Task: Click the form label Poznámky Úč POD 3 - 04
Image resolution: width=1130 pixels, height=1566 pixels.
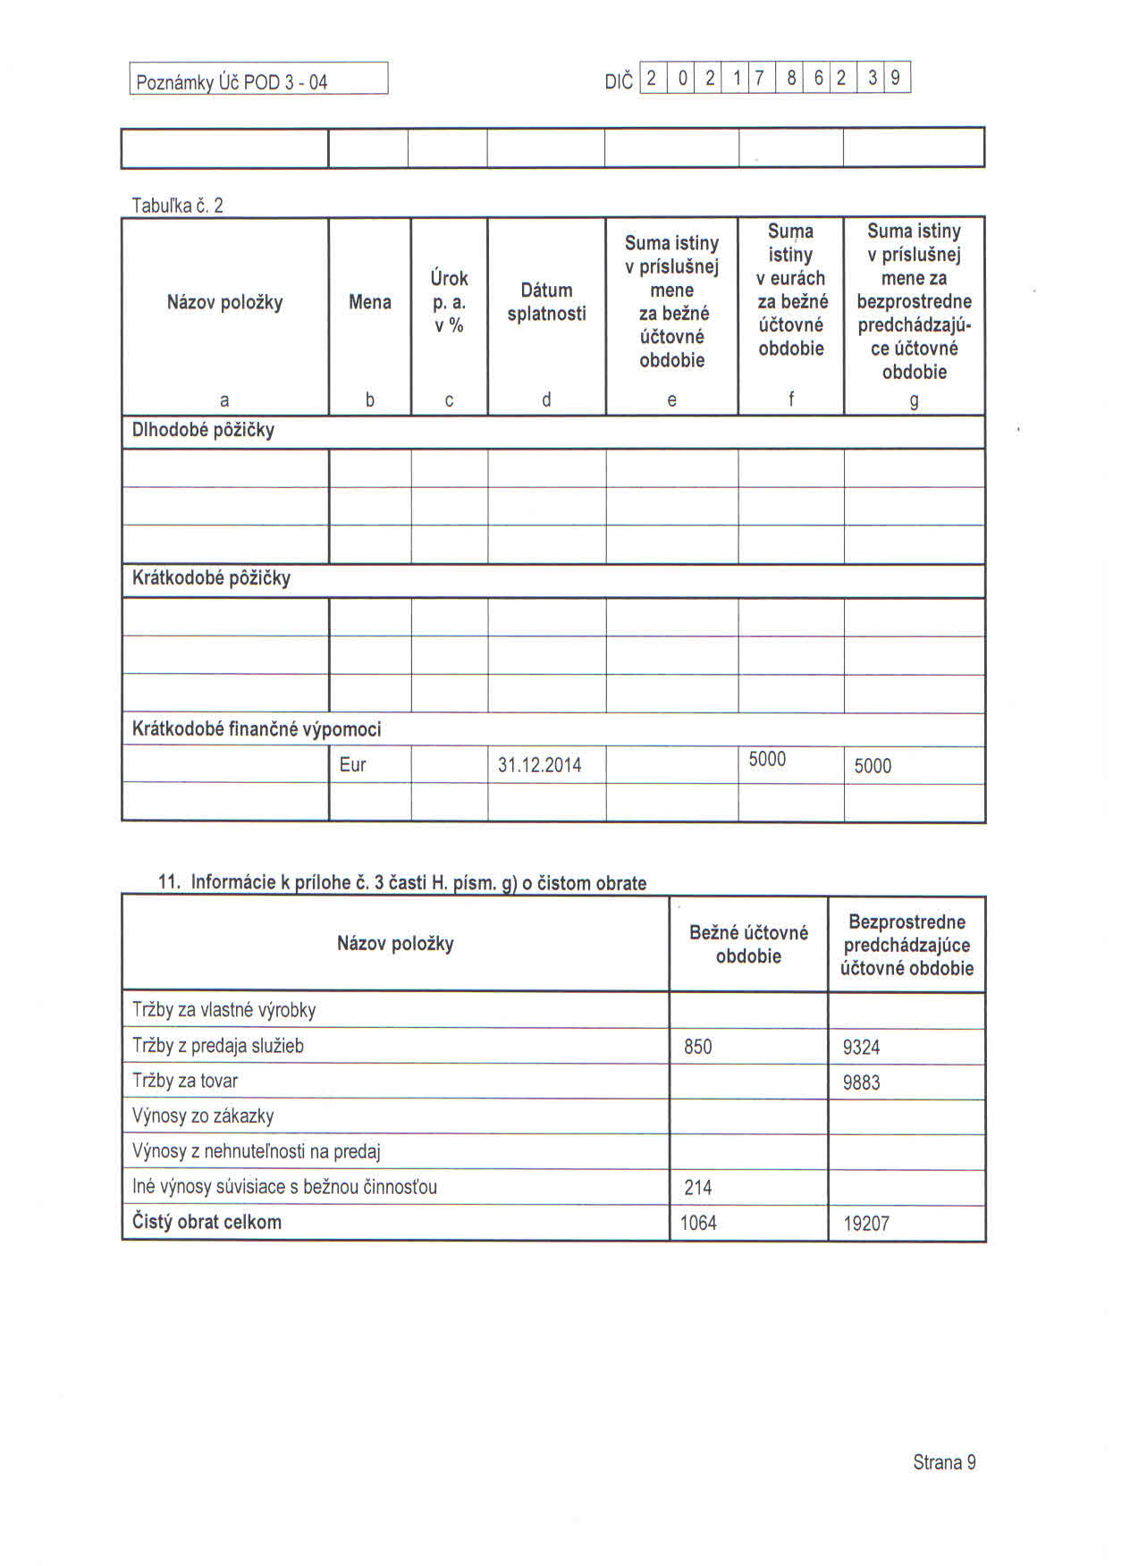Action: (x=231, y=82)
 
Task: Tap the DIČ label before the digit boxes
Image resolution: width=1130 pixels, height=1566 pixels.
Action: (x=618, y=82)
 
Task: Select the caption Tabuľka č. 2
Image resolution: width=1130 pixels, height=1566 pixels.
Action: (x=177, y=206)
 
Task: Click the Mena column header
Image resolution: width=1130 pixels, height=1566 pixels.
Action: (x=369, y=302)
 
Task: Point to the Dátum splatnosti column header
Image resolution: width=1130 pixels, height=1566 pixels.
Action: (x=546, y=302)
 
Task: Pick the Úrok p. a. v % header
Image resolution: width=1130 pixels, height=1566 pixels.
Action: (x=449, y=302)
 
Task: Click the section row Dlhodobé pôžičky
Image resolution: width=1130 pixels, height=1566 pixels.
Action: (x=203, y=430)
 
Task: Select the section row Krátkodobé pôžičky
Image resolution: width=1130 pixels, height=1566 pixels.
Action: (x=211, y=578)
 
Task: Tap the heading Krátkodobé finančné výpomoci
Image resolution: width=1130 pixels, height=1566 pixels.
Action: (x=257, y=729)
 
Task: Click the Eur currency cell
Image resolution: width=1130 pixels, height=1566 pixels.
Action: (x=352, y=765)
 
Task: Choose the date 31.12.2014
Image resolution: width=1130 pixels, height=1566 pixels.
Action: (x=539, y=766)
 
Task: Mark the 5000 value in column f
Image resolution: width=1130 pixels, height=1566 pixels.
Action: (x=767, y=760)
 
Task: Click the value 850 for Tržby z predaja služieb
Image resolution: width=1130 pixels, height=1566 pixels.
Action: (x=697, y=1047)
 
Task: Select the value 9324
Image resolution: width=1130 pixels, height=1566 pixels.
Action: (x=861, y=1048)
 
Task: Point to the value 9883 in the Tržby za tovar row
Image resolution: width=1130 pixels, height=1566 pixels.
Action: (x=861, y=1082)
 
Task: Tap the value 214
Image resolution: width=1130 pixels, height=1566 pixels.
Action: (x=697, y=1188)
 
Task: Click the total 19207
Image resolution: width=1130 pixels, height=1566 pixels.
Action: (x=865, y=1224)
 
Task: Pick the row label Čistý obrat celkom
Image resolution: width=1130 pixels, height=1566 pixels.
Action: (x=207, y=1222)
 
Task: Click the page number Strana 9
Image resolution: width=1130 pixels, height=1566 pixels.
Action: (x=944, y=1462)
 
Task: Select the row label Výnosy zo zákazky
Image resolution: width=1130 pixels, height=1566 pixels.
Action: (x=203, y=1116)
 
